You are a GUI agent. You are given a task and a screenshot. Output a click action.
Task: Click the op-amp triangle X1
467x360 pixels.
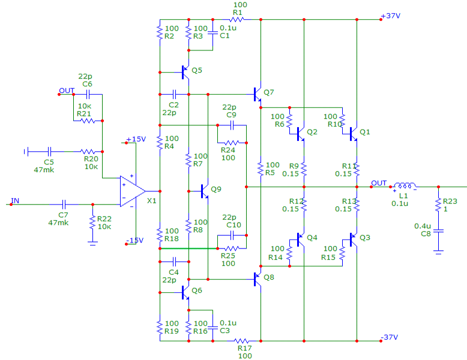point(131,191)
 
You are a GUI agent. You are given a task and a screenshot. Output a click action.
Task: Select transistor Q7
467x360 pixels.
point(258,94)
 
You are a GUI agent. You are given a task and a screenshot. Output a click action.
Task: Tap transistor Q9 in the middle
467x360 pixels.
point(205,192)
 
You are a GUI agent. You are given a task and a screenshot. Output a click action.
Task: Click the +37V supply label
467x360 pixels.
point(392,16)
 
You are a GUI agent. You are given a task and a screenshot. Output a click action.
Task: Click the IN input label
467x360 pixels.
point(15,200)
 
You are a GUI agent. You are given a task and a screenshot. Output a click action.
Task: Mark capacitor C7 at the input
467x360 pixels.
point(62,204)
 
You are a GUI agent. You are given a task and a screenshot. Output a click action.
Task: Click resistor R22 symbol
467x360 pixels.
point(92,221)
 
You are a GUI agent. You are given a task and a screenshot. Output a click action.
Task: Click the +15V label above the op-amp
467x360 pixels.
point(136,139)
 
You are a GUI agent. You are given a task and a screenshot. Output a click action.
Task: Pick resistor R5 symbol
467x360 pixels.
point(261,170)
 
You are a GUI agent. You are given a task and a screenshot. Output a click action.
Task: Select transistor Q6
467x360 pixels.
point(186,292)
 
